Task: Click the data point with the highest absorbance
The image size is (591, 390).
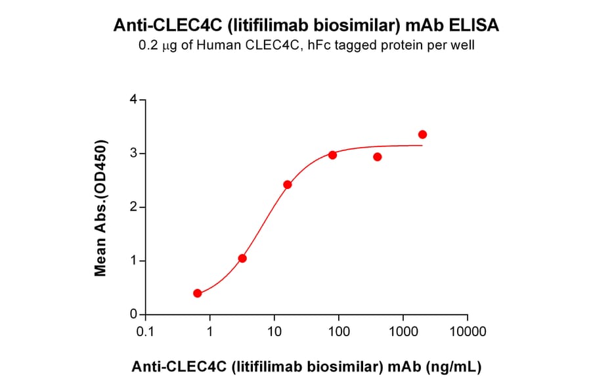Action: [422, 135]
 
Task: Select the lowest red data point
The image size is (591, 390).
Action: [198, 293]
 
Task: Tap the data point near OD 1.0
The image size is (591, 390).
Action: [242, 258]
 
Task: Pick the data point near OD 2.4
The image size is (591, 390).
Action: [288, 184]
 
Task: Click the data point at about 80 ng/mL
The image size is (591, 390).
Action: [333, 155]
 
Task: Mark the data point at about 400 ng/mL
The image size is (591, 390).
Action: [378, 157]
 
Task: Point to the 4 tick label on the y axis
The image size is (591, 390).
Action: [133, 100]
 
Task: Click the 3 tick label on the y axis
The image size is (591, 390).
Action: [133, 154]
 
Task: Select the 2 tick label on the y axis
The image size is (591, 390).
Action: [133, 207]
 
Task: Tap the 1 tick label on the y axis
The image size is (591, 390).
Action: [133, 261]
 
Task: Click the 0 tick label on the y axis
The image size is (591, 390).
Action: [133, 315]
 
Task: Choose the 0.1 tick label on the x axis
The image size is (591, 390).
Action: [144, 332]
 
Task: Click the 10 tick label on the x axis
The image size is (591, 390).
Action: [274, 332]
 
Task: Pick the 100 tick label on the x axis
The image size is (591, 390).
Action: [339, 332]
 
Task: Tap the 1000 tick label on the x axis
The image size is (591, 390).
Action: [404, 332]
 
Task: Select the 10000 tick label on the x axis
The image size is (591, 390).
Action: [468, 332]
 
